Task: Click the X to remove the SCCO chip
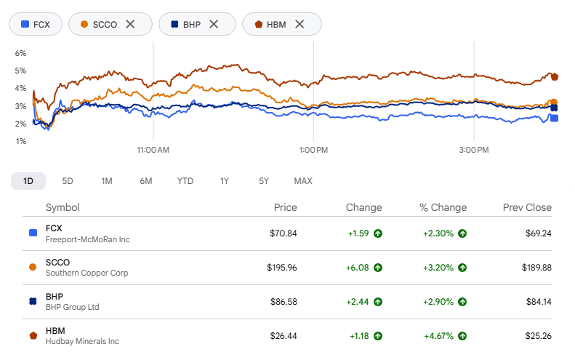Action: click(130, 24)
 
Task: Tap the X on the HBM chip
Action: click(299, 24)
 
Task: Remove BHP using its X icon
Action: click(214, 24)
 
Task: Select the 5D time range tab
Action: click(68, 181)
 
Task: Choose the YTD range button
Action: click(185, 181)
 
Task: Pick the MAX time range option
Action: click(303, 181)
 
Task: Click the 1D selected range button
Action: click(28, 181)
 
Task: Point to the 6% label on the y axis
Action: click(20, 53)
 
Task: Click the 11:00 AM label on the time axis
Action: click(153, 150)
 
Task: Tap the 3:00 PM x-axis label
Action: click(474, 150)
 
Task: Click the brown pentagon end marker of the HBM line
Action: click(555, 76)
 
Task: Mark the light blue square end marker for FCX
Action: click(555, 118)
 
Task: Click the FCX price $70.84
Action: click(283, 233)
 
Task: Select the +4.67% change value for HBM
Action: click(438, 336)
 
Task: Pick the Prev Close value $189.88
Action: click(536, 268)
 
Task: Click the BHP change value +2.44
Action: click(358, 302)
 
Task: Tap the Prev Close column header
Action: click(527, 207)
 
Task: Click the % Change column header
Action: click(443, 207)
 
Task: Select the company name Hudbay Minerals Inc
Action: click(82, 341)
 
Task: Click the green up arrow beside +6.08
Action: click(378, 268)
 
